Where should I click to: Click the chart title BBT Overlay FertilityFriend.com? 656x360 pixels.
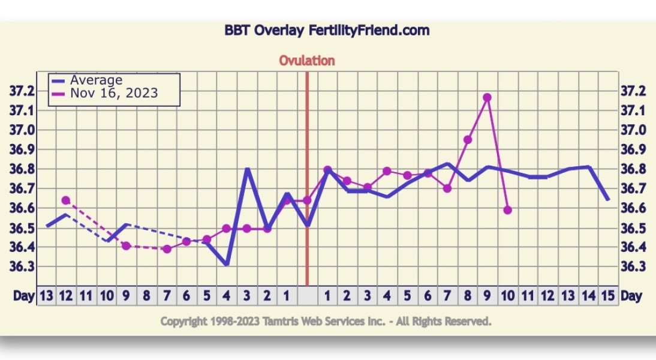coord(327,31)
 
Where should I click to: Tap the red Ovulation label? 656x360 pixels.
coord(306,61)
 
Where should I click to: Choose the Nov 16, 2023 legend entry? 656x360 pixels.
coord(104,93)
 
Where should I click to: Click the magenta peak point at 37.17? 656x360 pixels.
coord(487,98)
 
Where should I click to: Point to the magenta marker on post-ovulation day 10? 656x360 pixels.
coord(507,210)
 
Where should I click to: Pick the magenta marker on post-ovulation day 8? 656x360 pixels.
coord(468,139)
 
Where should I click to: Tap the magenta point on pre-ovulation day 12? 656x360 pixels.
coord(66,200)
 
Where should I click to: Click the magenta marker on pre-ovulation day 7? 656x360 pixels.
coord(167,249)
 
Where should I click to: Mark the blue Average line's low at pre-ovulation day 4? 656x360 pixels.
coord(227,265)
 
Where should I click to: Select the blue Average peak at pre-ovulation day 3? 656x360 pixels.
coord(247,169)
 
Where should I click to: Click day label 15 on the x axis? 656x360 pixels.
coord(608,296)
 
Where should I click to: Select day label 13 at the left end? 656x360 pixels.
coord(46,296)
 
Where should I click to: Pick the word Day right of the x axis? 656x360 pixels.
coord(631,296)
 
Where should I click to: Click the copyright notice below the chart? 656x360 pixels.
coord(326,322)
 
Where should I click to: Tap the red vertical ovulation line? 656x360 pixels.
coord(306,179)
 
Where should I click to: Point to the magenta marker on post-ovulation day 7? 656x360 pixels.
coord(447,188)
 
